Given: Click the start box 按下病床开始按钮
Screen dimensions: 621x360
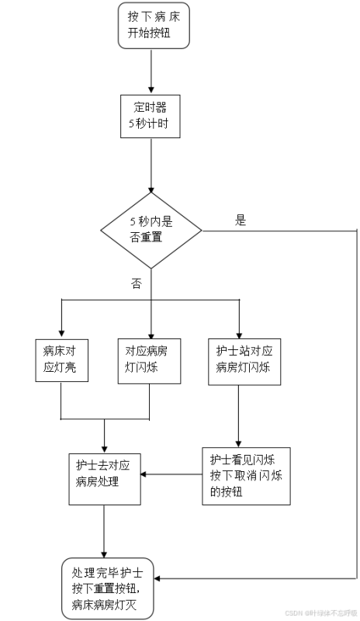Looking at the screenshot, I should coord(153,26).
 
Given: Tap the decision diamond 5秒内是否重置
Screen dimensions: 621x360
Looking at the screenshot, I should coord(151,230).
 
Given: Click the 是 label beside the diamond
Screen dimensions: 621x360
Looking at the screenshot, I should coord(241,220).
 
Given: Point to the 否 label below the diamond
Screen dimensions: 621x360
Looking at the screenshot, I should coord(137,284).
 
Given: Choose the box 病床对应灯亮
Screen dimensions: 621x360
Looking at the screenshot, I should coord(61,360).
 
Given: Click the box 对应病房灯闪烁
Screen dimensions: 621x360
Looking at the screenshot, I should coord(149,360).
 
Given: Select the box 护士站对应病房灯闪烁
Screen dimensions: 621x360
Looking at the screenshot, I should coord(239,360).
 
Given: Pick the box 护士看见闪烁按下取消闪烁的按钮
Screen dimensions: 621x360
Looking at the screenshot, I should coord(246,477).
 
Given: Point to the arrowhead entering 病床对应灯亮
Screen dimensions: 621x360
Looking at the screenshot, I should coord(61,333).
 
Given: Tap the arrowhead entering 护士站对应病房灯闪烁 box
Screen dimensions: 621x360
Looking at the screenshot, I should coord(239,333).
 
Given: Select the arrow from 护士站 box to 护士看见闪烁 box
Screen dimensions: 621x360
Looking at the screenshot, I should coord(239,415).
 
